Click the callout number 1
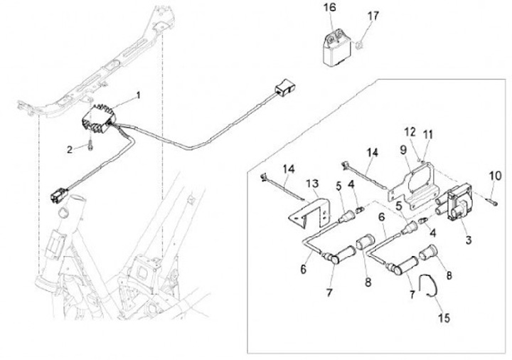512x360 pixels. [x=138, y=94]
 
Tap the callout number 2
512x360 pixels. [x=70, y=149]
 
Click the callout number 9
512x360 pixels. [x=402, y=151]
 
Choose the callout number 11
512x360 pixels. [x=428, y=134]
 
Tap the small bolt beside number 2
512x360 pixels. [x=92, y=147]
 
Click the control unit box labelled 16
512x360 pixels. [x=331, y=46]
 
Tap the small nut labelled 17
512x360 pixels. [x=361, y=46]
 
